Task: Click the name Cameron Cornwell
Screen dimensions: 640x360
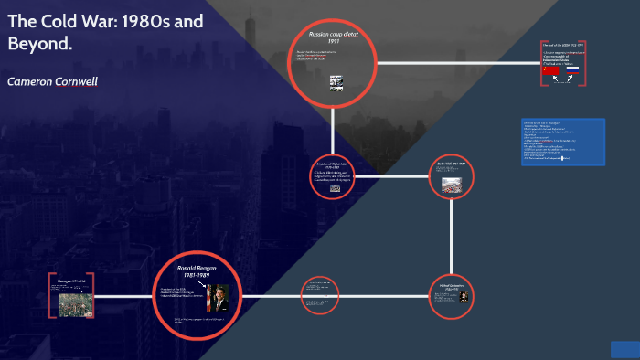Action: [52, 81]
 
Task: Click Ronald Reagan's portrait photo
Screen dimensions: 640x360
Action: [220, 298]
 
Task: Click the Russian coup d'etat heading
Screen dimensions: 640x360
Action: [331, 34]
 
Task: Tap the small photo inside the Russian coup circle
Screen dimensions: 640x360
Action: [336, 81]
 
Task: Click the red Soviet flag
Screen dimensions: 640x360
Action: [550, 69]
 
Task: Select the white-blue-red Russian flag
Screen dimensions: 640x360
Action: [572, 69]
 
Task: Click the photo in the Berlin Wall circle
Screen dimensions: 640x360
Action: [452, 183]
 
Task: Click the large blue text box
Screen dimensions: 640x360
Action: [562, 142]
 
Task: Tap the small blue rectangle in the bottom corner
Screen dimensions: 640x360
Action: [624, 349]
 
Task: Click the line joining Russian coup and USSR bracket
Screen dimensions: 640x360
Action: [457, 64]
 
